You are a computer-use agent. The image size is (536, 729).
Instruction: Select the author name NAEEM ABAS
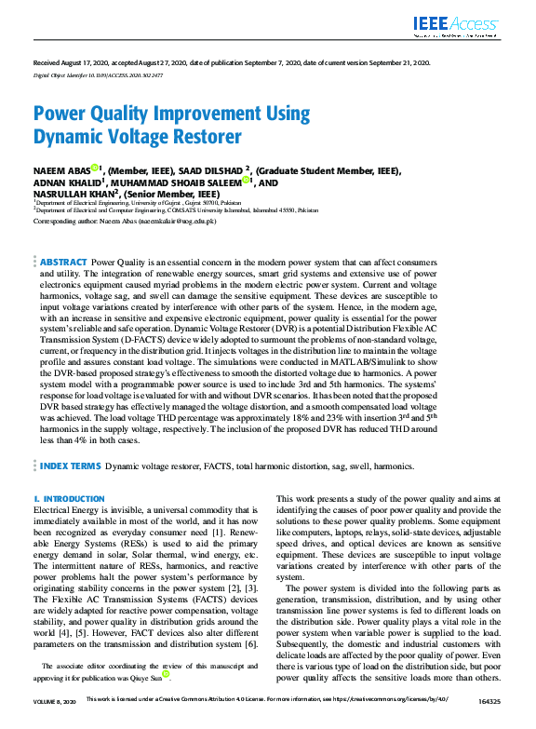60,171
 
